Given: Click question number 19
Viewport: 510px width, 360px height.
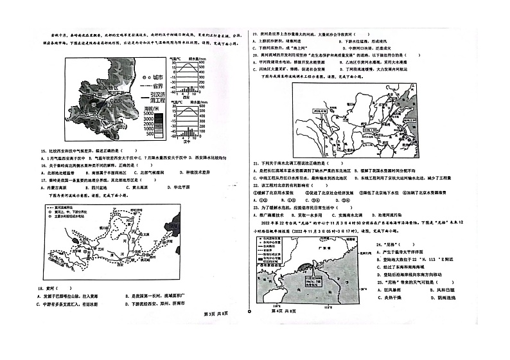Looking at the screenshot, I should [254, 33].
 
